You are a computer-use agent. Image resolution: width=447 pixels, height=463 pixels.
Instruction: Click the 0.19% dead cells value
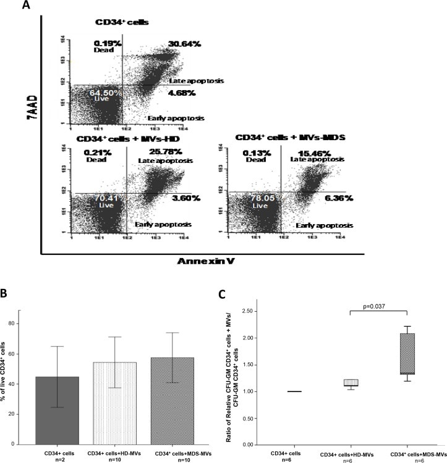(107, 43)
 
